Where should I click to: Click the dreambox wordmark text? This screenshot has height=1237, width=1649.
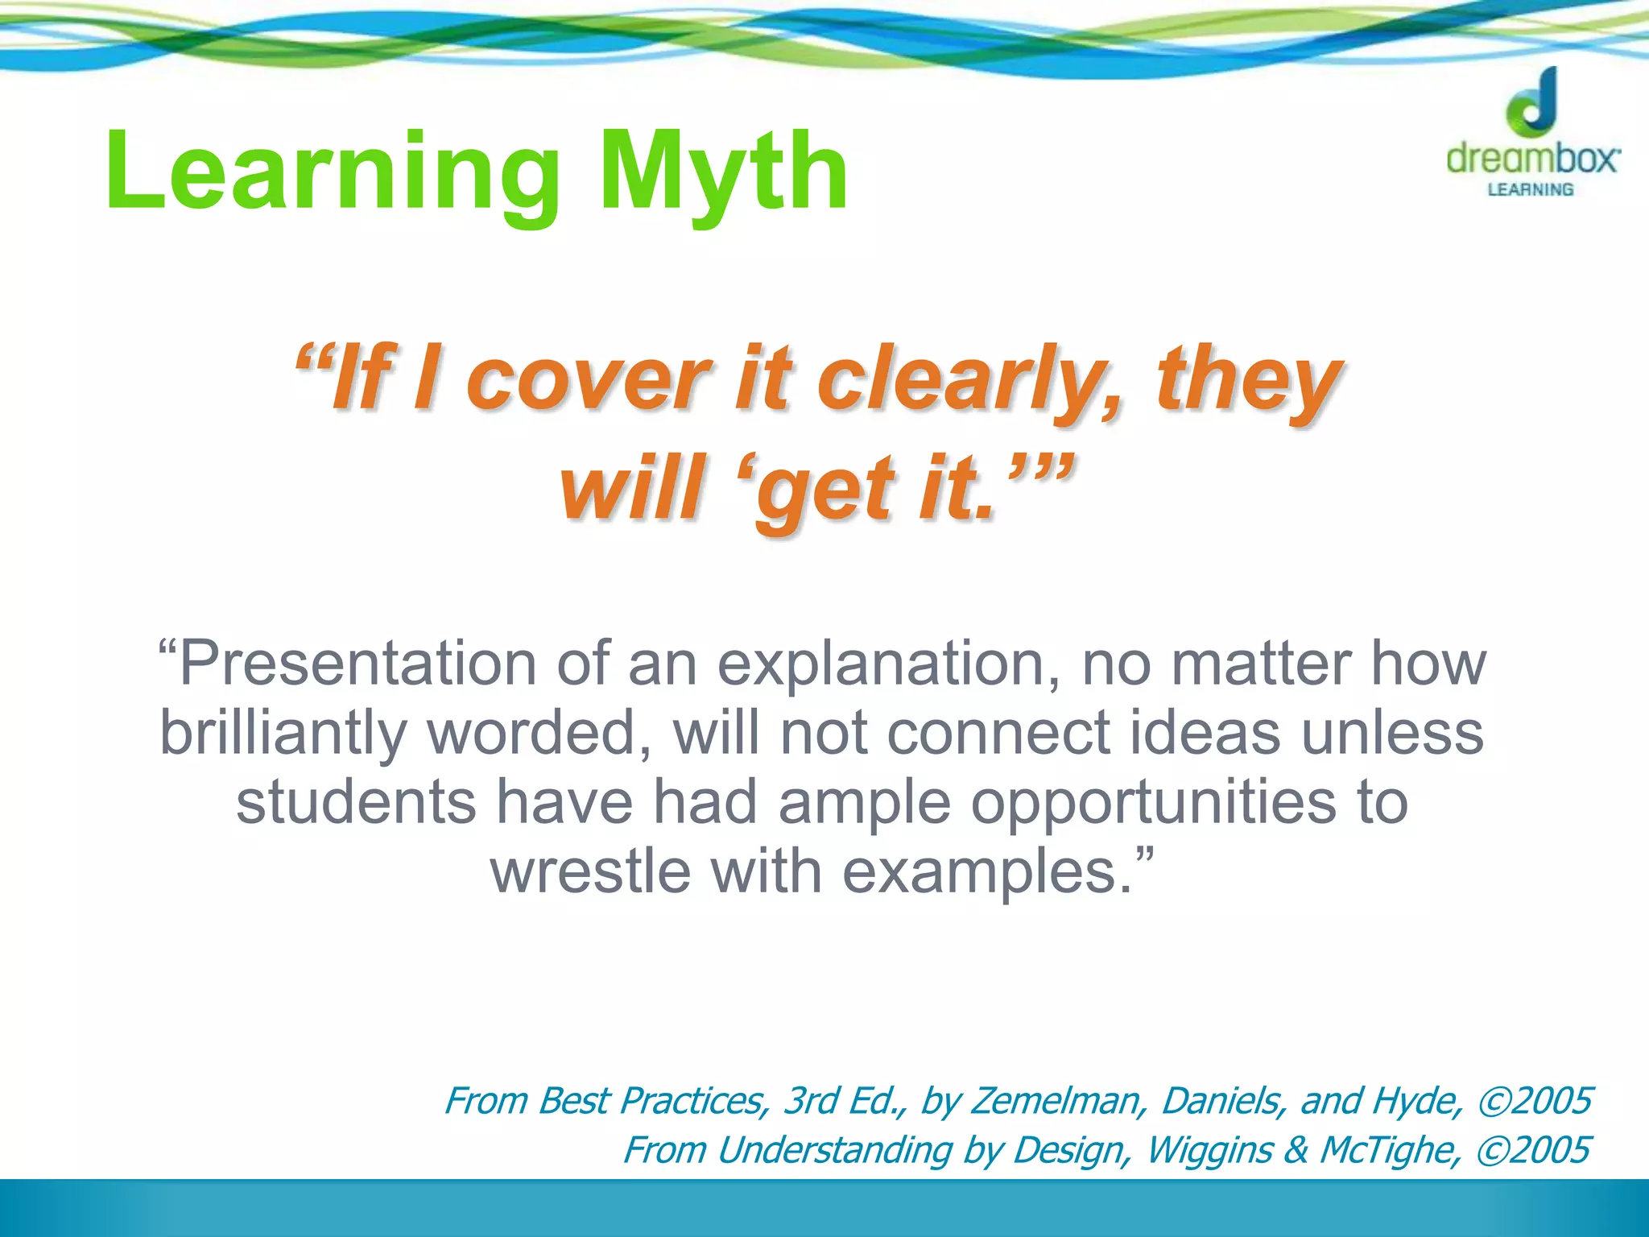pyautogui.click(x=1532, y=159)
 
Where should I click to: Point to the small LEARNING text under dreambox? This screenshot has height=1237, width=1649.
pyautogui.click(x=1531, y=190)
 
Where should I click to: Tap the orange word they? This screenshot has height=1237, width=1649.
pyautogui.click(x=1248, y=380)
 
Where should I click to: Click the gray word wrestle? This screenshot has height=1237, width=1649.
pyautogui.click(x=591, y=871)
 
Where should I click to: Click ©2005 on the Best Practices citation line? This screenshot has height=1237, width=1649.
pyautogui.click(x=1535, y=1101)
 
